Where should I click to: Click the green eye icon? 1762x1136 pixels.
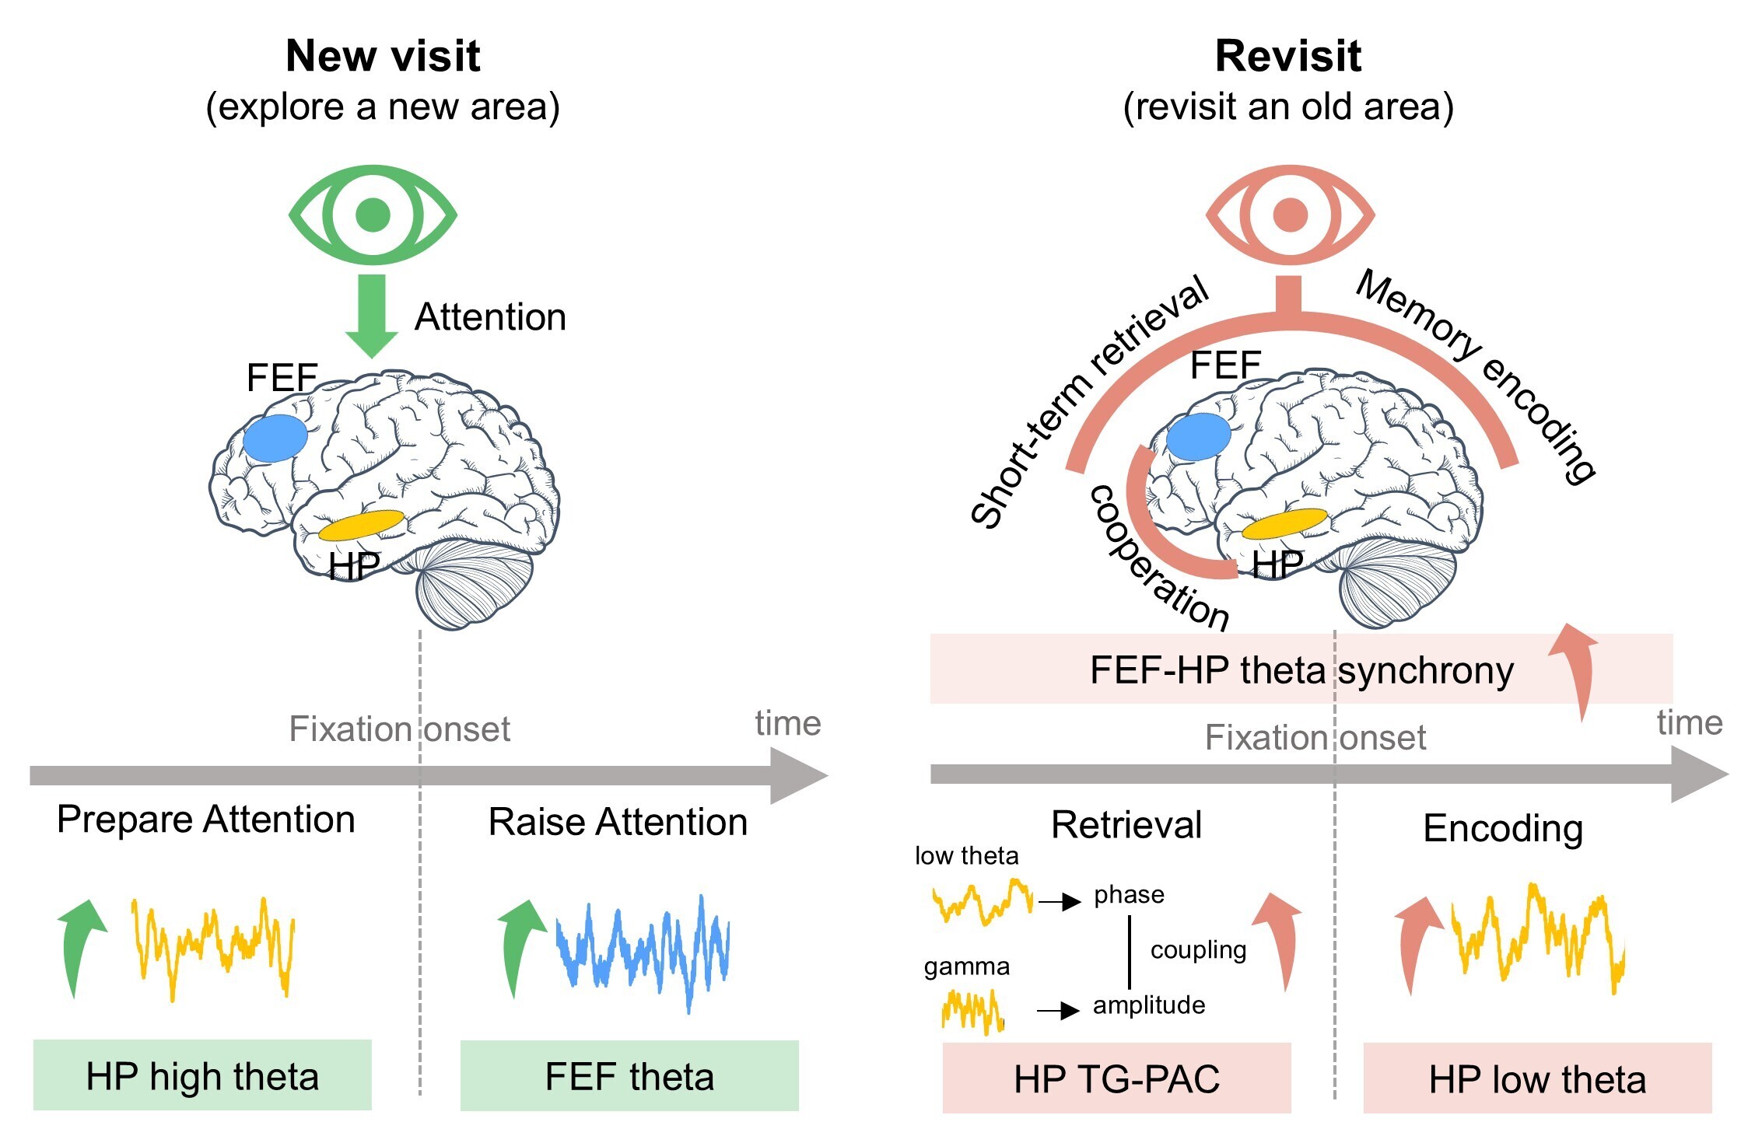coord(373,214)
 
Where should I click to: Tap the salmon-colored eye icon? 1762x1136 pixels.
coord(1291,214)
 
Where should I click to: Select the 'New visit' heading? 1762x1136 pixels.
coord(383,56)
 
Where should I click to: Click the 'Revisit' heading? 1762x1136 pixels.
coord(1288,56)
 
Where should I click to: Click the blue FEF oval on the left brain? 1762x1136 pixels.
coord(275,439)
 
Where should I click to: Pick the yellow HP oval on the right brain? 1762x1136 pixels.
coord(1284,525)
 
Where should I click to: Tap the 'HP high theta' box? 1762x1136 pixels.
coord(202,1075)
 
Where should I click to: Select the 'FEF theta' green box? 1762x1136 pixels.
coord(629,1075)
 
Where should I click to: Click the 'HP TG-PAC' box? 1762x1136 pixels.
coord(1116,1078)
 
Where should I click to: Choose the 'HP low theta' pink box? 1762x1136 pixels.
coord(1537,1078)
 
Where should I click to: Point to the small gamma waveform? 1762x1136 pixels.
coord(972,1011)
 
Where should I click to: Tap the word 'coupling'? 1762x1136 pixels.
coord(1198,949)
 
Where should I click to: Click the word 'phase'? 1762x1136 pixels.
coord(1129,894)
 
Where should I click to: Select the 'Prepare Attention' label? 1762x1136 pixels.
coord(206,819)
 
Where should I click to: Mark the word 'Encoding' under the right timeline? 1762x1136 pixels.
coord(1503,828)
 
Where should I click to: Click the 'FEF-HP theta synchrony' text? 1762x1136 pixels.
coord(1301,669)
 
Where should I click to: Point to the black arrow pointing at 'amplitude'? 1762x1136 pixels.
coord(1059,1010)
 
